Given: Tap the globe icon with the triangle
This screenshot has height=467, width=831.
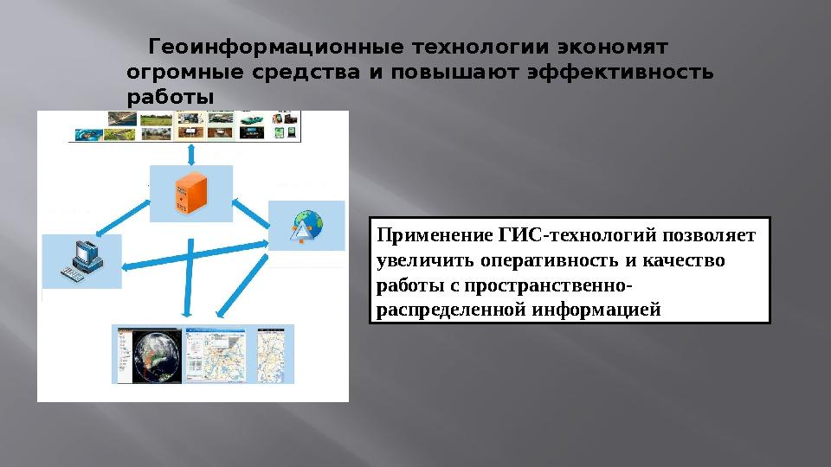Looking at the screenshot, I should click(305, 227).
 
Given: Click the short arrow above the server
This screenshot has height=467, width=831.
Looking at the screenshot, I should click(190, 152).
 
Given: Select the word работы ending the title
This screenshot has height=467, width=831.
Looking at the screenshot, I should click(170, 97).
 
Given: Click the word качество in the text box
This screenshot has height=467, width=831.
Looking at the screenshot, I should click(689, 259).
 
